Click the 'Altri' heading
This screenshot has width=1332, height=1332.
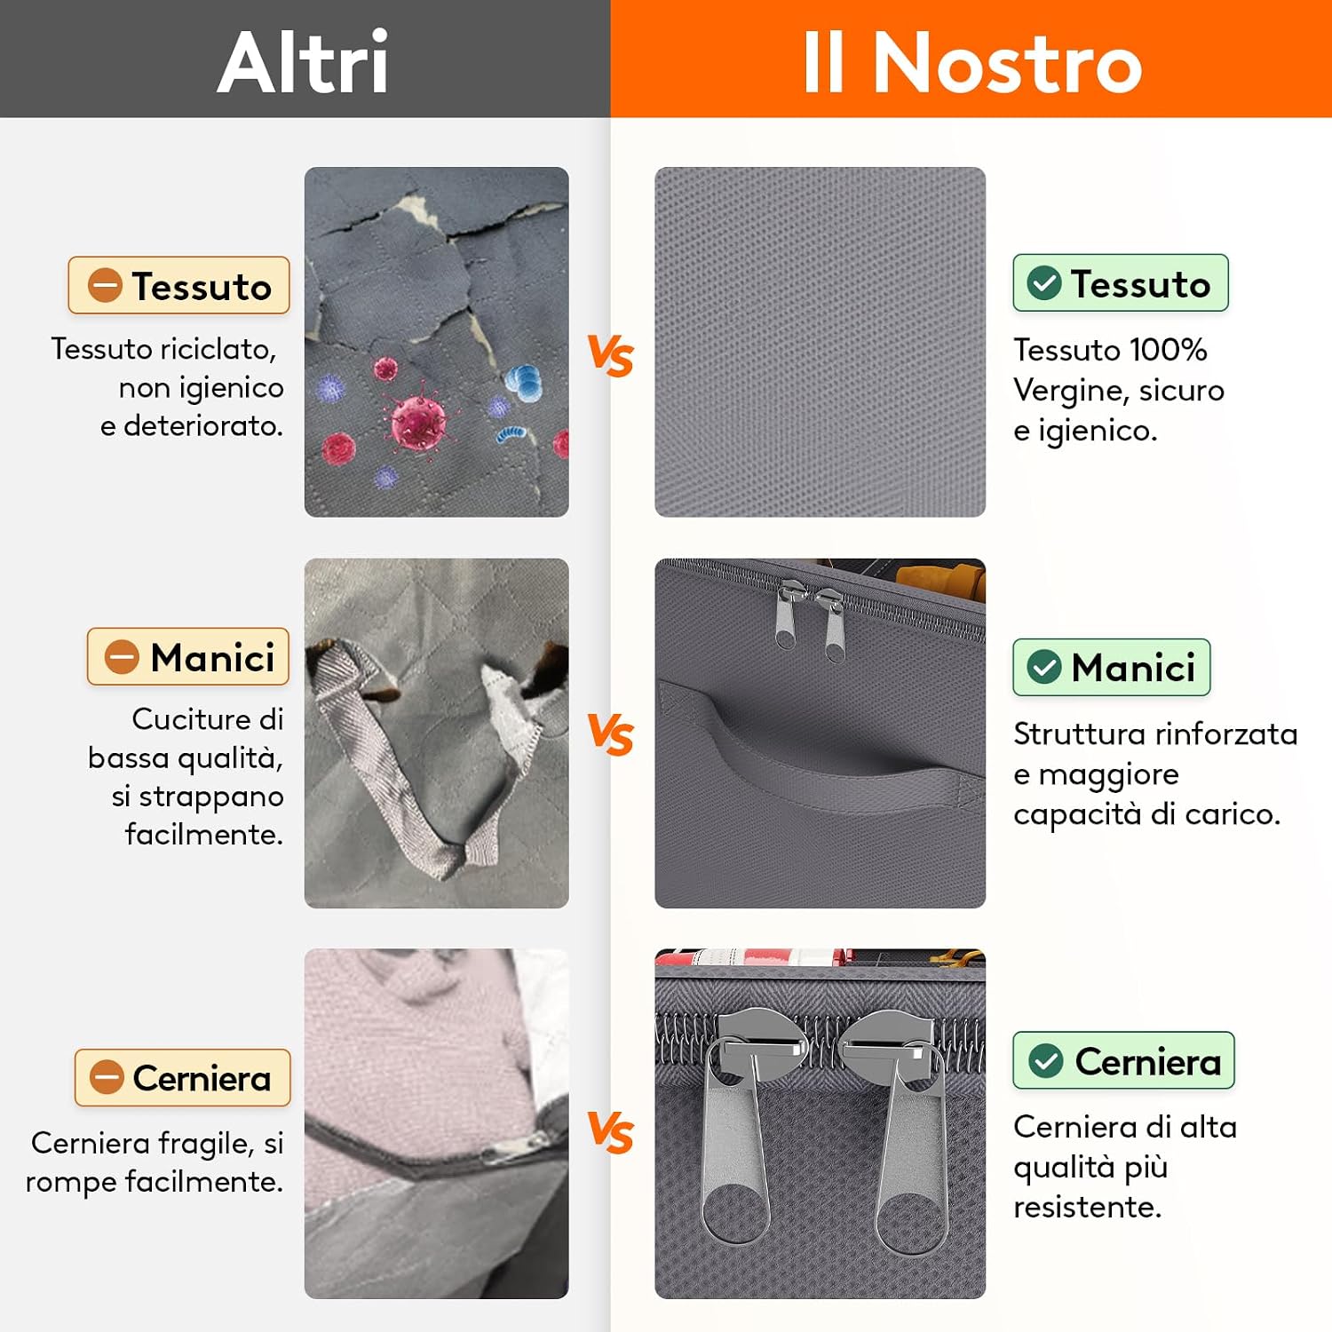click(303, 61)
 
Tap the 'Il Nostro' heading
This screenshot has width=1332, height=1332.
click(972, 61)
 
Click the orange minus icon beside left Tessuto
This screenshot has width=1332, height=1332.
click(105, 285)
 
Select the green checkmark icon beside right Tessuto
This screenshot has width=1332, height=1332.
click(1044, 283)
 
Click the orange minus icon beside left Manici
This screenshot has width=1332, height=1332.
click(122, 657)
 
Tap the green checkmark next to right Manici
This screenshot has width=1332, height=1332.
click(1044, 667)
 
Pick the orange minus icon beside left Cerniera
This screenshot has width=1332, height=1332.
click(107, 1078)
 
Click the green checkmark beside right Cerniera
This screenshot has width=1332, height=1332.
click(1046, 1060)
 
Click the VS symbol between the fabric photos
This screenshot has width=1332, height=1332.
click(611, 356)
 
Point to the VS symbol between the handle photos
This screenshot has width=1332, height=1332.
click(611, 734)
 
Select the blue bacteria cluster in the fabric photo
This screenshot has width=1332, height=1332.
click(524, 382)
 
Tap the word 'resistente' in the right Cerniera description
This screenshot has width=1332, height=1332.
click(1087, 1207)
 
